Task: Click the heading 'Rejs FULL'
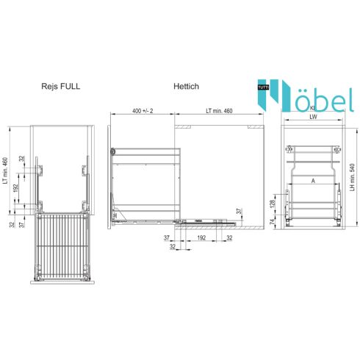click(61, 86)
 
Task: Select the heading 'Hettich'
click(187, 86)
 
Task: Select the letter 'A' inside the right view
click(312, 179)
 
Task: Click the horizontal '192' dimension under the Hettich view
click(198, 239)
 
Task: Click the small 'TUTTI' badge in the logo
click(262, 87)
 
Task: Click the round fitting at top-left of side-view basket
click(113, 151)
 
